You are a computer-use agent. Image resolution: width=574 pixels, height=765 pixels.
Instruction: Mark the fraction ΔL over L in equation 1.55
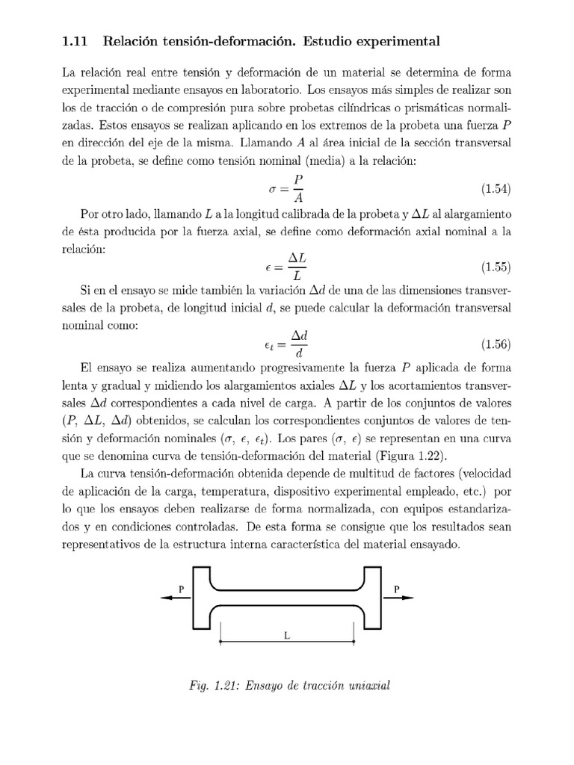[x=297, y=267]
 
